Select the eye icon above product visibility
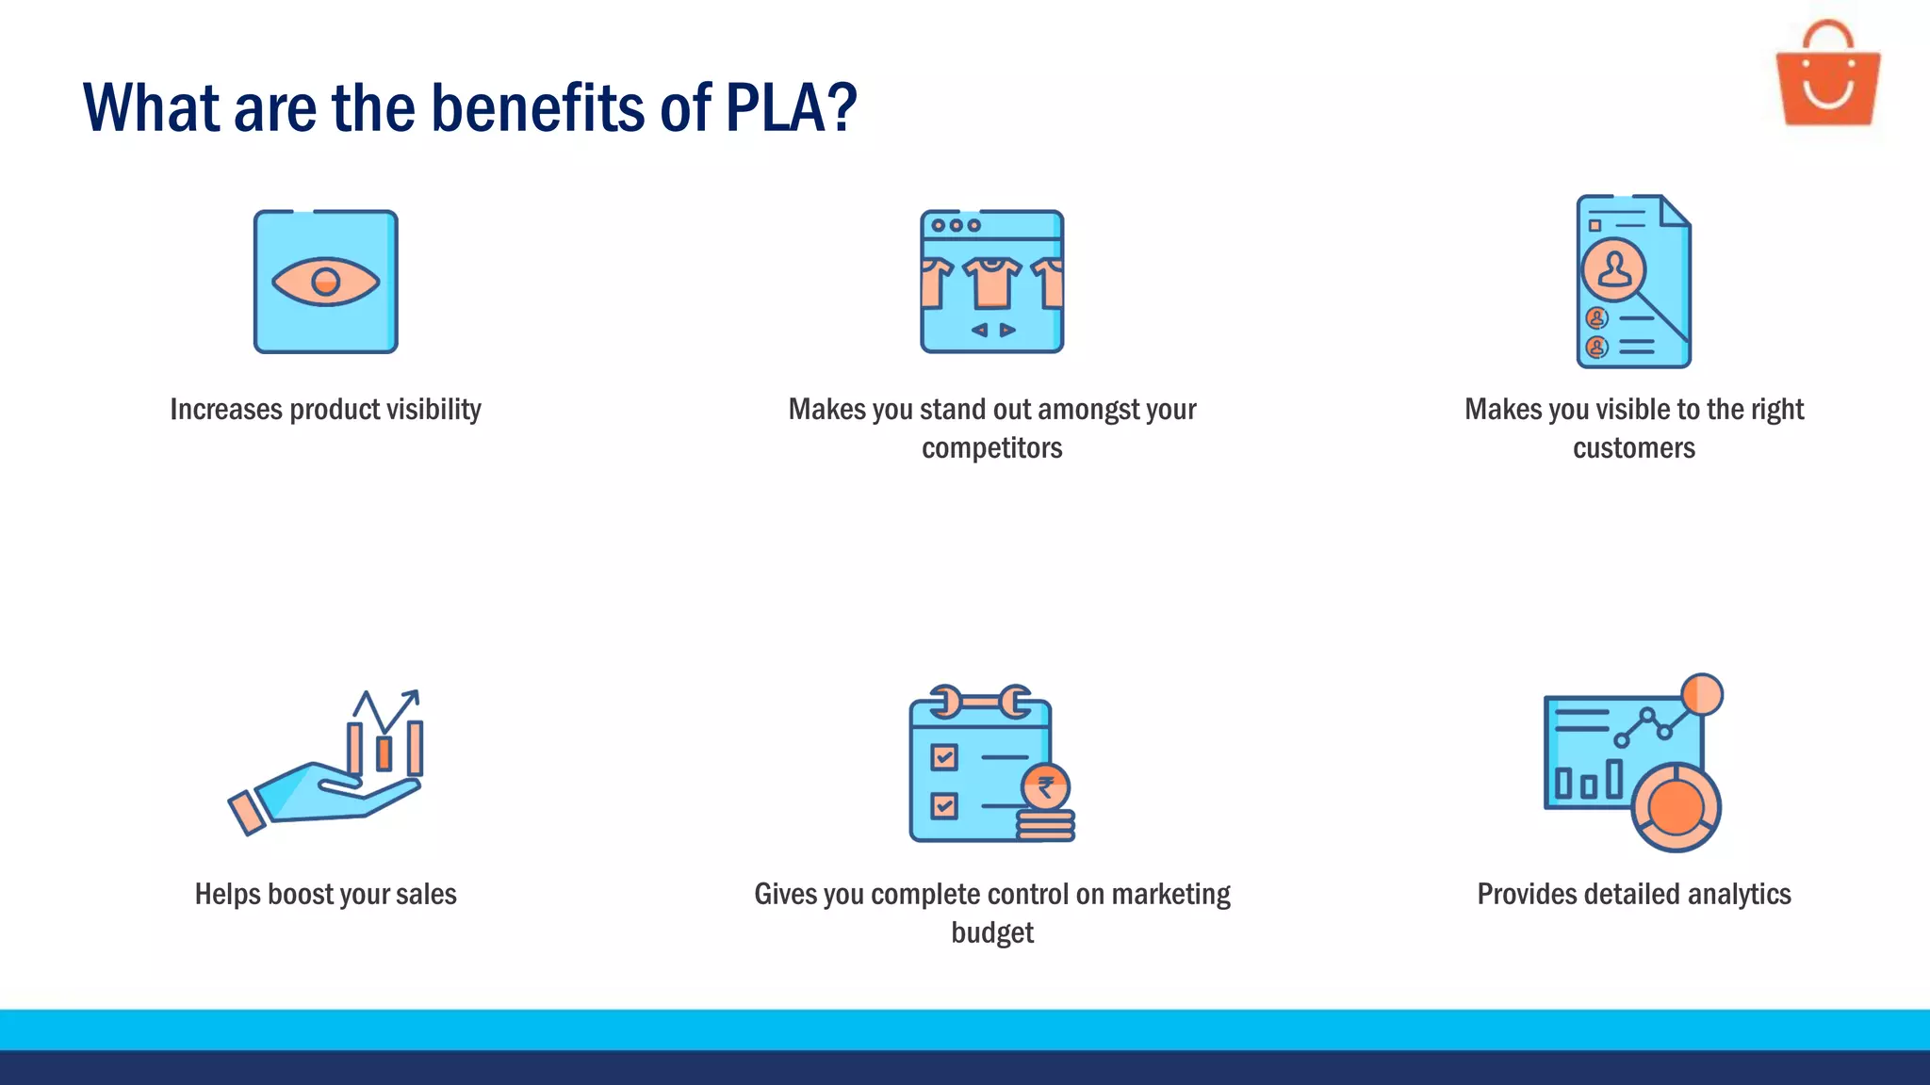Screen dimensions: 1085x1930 (325, 282)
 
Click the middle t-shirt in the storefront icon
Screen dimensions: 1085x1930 (991, 282)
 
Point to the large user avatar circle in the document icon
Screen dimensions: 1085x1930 (1614, 269)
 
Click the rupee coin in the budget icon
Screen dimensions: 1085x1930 (1045, 787)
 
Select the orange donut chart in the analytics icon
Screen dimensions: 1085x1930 (1676, 807)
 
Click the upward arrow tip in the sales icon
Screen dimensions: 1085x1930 (413, 696)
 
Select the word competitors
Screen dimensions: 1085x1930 (991, 448)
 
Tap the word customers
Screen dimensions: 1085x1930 (1633, 448)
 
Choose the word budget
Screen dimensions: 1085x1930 (991, 932)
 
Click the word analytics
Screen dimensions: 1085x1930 (1739, 894)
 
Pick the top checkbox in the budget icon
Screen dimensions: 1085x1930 (943, 757)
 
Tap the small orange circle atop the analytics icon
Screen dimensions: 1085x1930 (1702, 694)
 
